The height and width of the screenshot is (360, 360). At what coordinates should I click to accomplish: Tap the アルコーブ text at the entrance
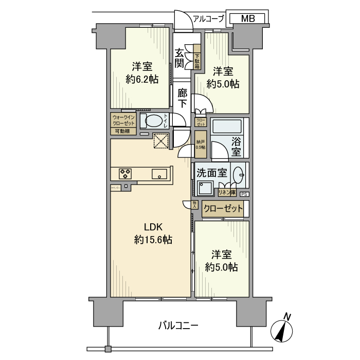click(x=208, y=19)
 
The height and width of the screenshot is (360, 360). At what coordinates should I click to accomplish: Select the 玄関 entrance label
click(x=179, y=58)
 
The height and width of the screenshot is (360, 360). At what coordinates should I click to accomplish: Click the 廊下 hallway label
click(x=182, y=97)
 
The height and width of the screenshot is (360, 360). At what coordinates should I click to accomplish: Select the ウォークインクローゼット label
click(x=123, y=120)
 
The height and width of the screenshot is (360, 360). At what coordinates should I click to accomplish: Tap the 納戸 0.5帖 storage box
click(x=200, y=144)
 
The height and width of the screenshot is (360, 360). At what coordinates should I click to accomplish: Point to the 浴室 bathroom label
click(x=236, y=146)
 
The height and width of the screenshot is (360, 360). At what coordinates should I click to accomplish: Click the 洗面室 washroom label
click(x=211, y=173)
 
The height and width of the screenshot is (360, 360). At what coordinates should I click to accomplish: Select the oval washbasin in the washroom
click(x=239, y=175)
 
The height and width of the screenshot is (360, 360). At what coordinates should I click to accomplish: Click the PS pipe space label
click(x=244, y=194)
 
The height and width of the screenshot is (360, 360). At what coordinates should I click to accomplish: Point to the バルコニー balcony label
click(x=178, y=325)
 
